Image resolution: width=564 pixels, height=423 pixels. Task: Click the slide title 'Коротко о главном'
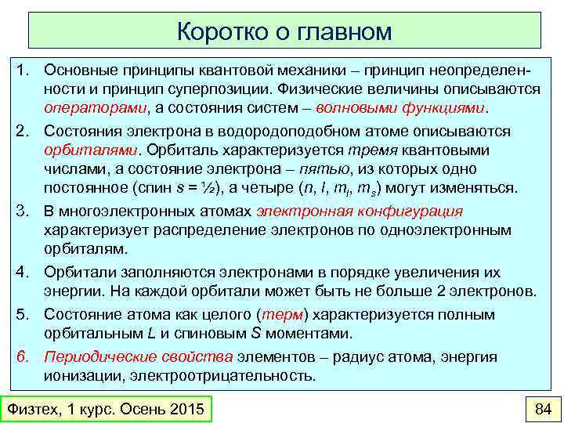tap(284, 31)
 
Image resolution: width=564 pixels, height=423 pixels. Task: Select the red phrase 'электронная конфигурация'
tap(360, 211)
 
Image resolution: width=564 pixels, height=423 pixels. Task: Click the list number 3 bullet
tap(23, 211)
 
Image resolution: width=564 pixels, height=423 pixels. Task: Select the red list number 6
tap(23, 357)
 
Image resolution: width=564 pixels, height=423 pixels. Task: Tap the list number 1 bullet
tap(23, 70)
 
